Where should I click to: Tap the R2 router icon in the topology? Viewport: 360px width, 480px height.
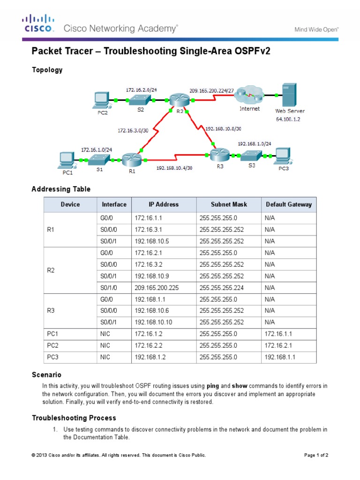point(178,99)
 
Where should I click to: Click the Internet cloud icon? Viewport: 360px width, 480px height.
point(248,95)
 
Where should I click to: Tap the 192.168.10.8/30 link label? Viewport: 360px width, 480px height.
point(224,127)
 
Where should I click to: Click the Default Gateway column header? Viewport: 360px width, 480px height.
point(288,204)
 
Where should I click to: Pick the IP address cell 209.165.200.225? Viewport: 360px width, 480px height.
point(157,287)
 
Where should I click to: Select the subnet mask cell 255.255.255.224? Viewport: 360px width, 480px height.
point(221,287)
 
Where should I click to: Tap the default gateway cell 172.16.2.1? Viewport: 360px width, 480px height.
point(280,345)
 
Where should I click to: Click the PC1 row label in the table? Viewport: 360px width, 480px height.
point(52,333)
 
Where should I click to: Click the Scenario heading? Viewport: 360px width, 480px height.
point(46,375)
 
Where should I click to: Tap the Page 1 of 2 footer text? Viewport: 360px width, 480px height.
point(316,455)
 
